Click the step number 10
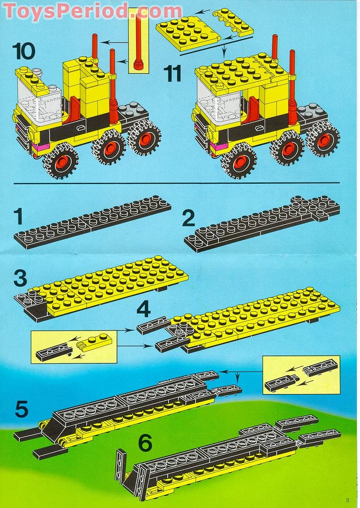click(x=24, y=51)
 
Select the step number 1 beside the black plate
click(x=18, y=217)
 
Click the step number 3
click(x=20, y=278)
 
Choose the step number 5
click(x=21, y=409)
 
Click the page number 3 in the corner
click(x=347, y=499)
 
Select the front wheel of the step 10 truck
click(x=60, y=160)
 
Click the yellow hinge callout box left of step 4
click(x=74, y=347)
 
